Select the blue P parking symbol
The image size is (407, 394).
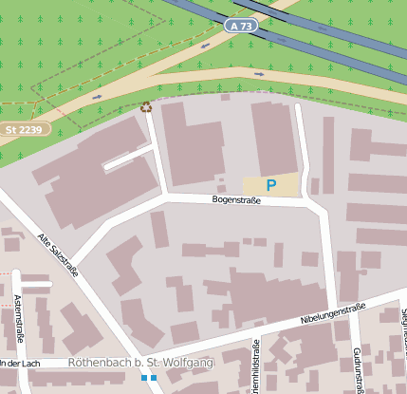pyautogui.click(x=271, y=185)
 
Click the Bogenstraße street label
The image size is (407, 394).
pyautogui.click(x=237, y=200)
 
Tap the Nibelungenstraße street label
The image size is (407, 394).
pyautogui.click(x=333, y=314)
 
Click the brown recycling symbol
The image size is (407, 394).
pyautogui.click(x=145, y=107)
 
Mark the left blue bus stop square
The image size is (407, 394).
pyautogui.click(x=143, y=378)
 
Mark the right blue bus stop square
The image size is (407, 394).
pyautogui.click(x=154, y=378)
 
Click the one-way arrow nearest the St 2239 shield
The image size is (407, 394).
pyautogui.click(x=97, y=96)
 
